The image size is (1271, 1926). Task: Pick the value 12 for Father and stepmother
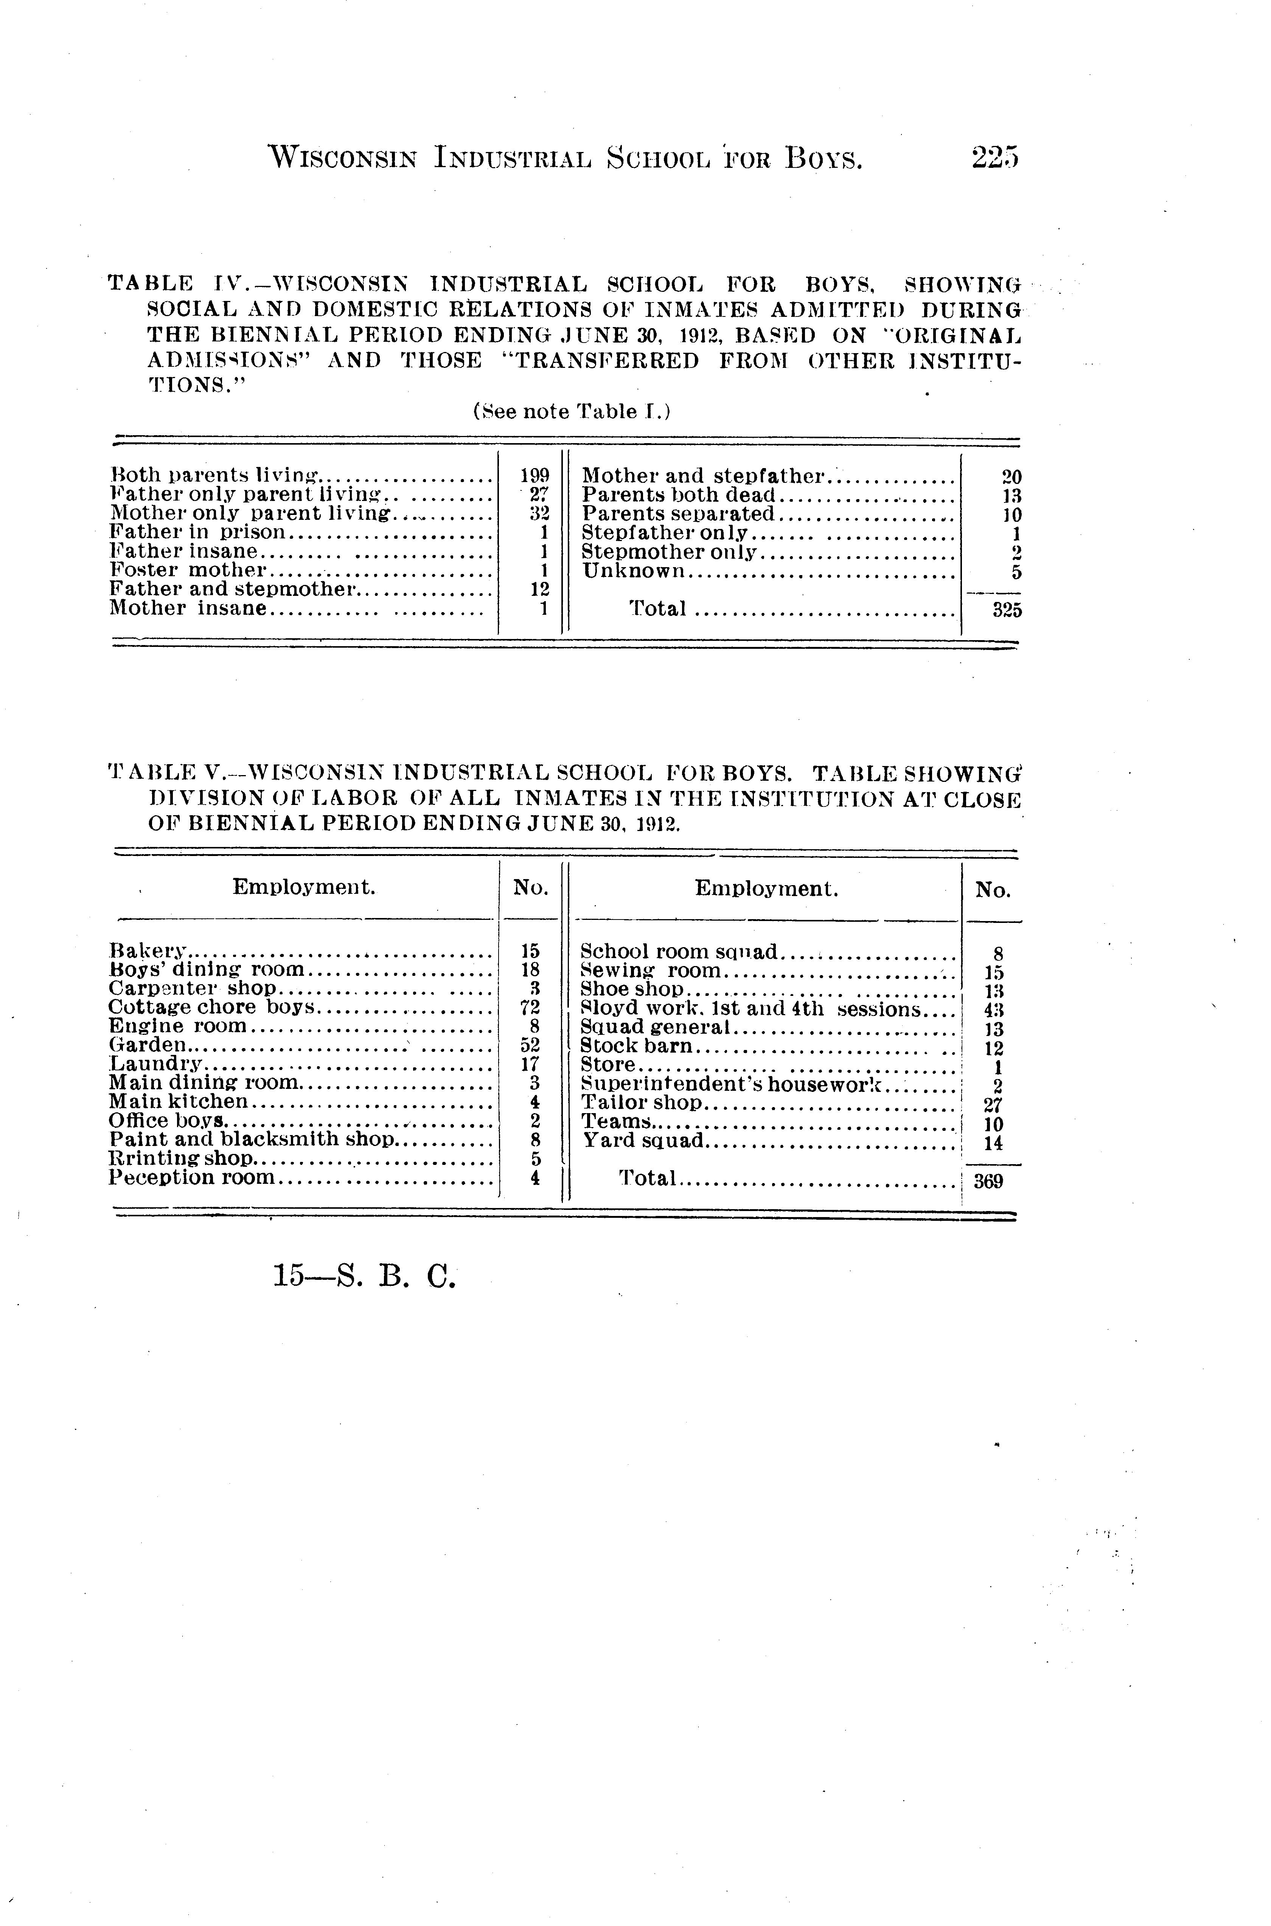coord(538,589)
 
